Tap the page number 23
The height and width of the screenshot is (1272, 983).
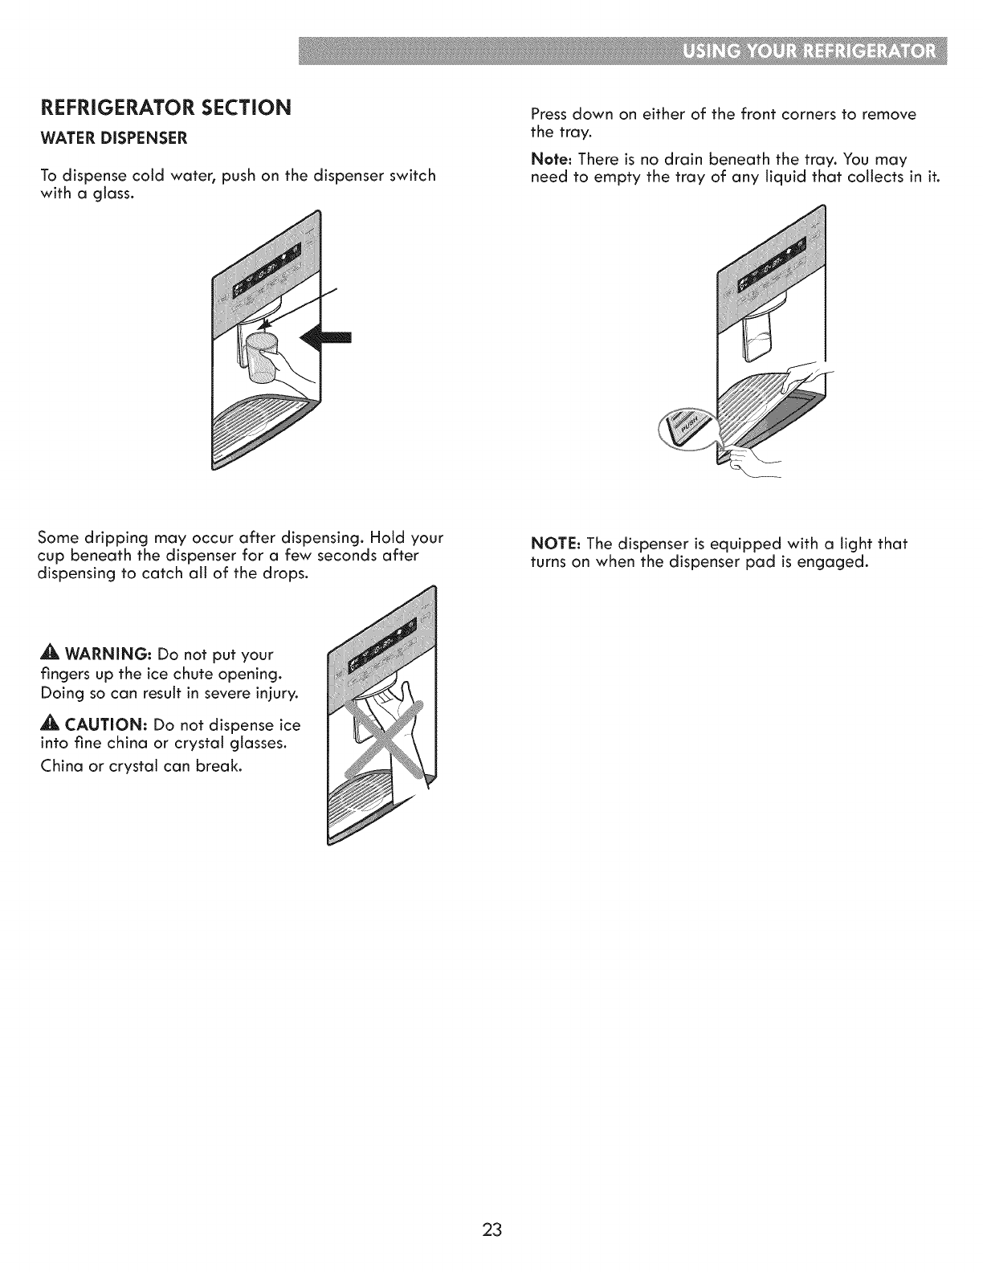pyautogui.click(x=492, y=1229)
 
